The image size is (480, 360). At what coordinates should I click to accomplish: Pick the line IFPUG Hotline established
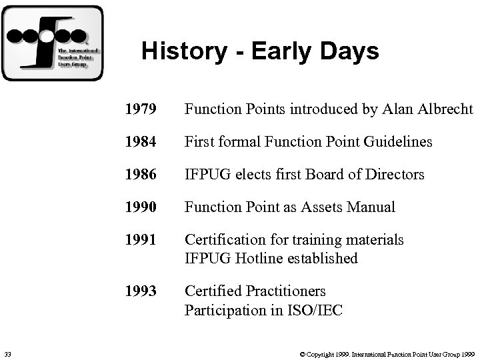pyautogui.click(x=271, y=258)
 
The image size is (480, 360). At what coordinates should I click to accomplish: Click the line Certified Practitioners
pyautogui.click(x=255, y=291)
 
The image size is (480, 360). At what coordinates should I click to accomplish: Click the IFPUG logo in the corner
pyautogui.click(x=53, y=43)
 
